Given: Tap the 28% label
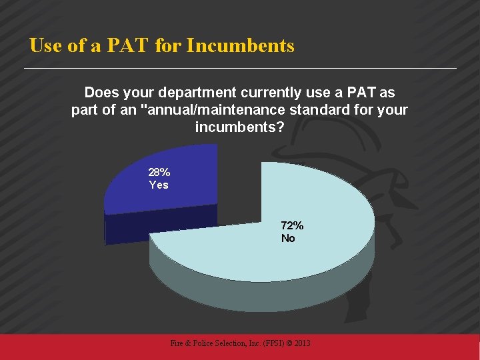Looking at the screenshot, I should tap(159, 173).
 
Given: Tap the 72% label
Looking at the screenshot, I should tap(292, 226).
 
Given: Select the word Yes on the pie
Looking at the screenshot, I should tap(159, 185).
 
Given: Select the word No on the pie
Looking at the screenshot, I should tap(288, 238).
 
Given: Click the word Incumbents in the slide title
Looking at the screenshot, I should tap(241, 46).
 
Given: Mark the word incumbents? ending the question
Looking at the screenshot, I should tap(239, 127).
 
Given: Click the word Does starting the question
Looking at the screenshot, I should tap(102, 92).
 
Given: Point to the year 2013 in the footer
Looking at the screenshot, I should tap(302, 343).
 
